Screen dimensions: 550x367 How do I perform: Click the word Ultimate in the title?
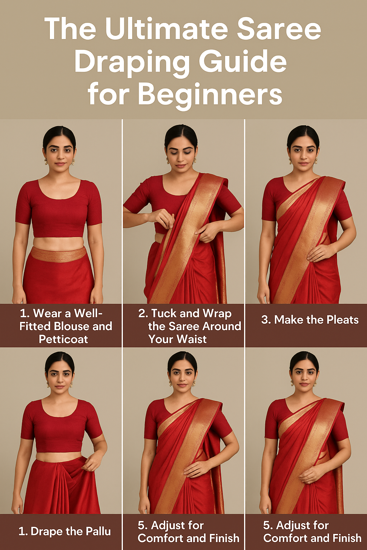tap(167, 29)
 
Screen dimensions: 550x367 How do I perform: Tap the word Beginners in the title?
tap(210, 94)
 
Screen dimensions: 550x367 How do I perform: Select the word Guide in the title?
tap(243, 62)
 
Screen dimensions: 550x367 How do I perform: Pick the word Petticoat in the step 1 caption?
tap(63, 339)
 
